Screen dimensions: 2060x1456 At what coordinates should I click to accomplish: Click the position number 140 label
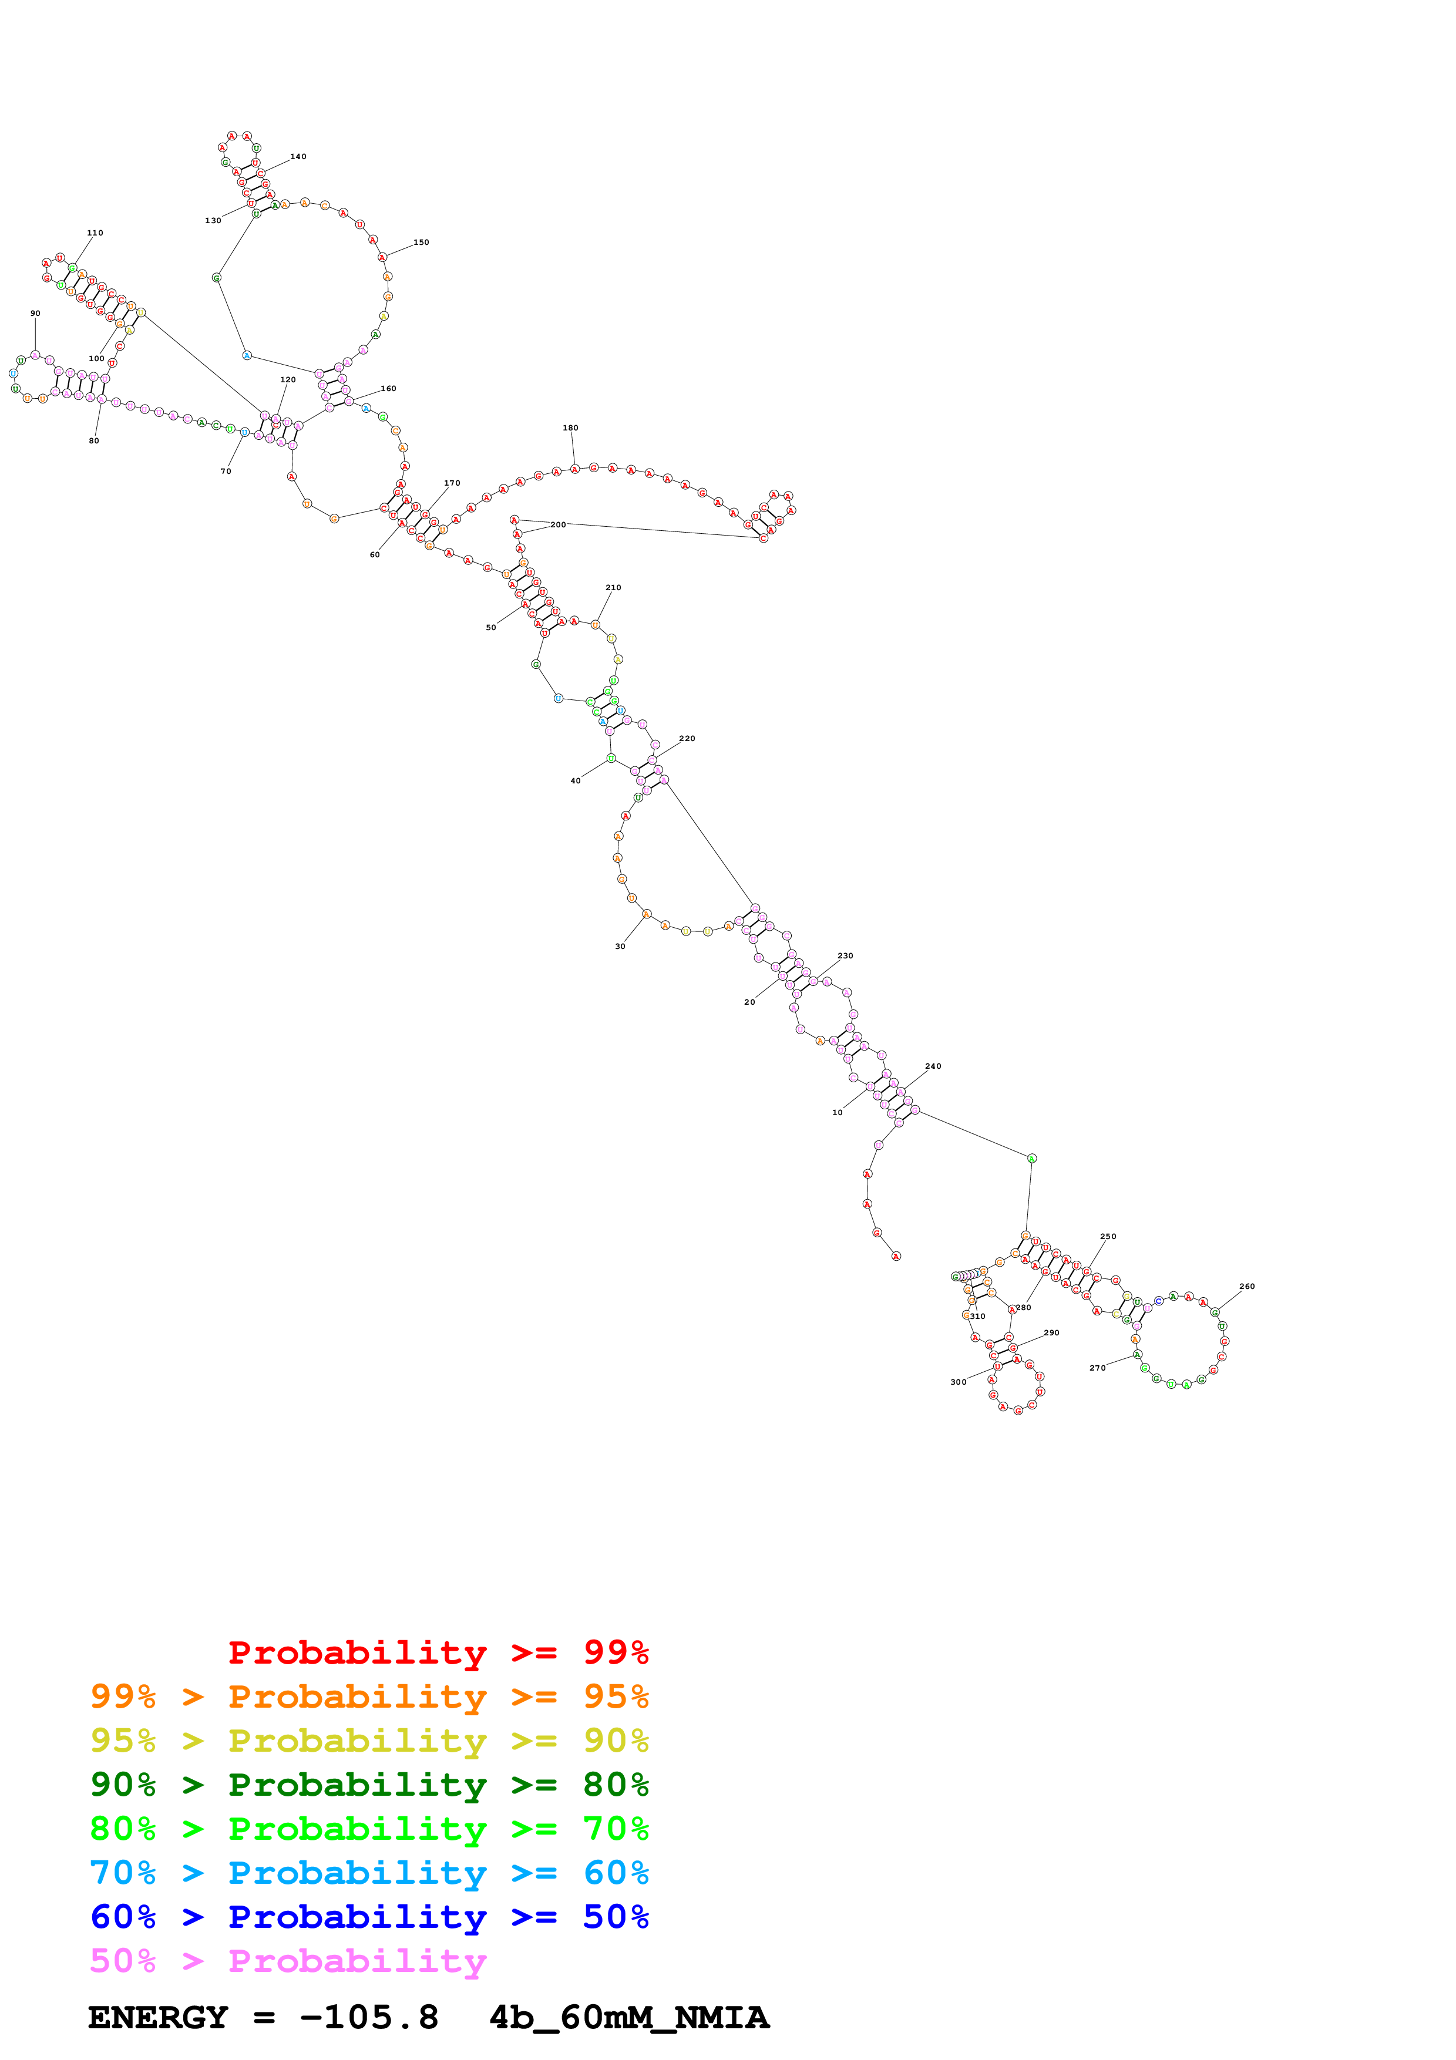pyautogui.click(x=298, y=157)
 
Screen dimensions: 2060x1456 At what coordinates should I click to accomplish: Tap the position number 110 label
pyautogui.click(x=95, y=233)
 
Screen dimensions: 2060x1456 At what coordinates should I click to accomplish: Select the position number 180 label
pyautogui.click(x=570, y=428)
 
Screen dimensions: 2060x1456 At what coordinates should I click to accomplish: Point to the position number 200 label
pyautogui.click(x=558, y=525)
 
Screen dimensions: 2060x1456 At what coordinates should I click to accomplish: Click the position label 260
pyautogui.click(x=1247, y=1287)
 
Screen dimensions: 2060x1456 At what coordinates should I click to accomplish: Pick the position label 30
pyautogui.click(x=620, y=947)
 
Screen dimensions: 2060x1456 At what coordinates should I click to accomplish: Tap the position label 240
pyautogui.click(x=933, y=1067)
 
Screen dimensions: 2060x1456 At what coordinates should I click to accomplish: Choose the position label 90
pyautogui.click(x=35, y=314)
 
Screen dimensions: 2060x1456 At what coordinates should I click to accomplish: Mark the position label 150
pyautogui.click(x=421, y=243)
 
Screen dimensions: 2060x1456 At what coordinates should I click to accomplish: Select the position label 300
pyautogui.click(x=958, y=1382)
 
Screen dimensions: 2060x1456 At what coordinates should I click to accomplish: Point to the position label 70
pyautogui.click(x=226, y=471)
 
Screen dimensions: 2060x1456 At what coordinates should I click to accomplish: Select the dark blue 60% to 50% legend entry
pyautogui.click(x=369, y=1917)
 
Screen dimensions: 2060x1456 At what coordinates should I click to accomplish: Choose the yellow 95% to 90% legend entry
pyautogui.click(x=369, y=1741)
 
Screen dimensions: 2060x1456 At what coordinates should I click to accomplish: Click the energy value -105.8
pyautogui.click(x=369, y=2017)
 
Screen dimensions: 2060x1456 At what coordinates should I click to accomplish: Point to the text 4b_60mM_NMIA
pyautogui.click(x=629, y=2017)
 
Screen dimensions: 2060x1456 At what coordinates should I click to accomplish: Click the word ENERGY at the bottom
pyautogui.click(x=158, y=2017)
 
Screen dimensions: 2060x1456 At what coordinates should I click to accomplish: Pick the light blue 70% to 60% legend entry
pyautogui.click(x=369, y=1873)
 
